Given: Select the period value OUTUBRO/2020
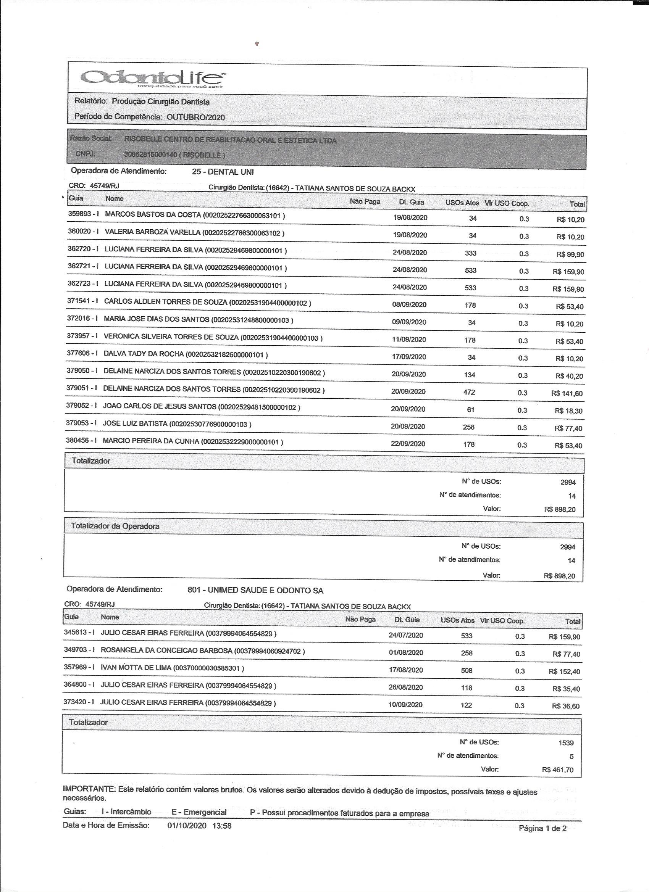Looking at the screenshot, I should [x=195, y=117].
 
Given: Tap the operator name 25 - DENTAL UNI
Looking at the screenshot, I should [x=223, y=172].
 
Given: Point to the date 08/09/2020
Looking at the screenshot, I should [x=409, y=304].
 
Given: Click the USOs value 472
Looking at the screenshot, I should [x=469, y=392].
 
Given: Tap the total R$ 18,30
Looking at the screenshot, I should [x=568, y=411].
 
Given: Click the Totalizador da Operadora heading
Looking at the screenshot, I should [x=115, y=526].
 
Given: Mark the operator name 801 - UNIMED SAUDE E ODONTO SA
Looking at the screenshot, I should [x=255, y=590].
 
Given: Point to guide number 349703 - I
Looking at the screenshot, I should [x=79, y=650].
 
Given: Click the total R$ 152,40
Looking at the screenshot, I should [x=564, y=672].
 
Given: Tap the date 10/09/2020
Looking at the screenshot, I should [x=405, y=704].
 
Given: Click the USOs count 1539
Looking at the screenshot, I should [x=566, y=743].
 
